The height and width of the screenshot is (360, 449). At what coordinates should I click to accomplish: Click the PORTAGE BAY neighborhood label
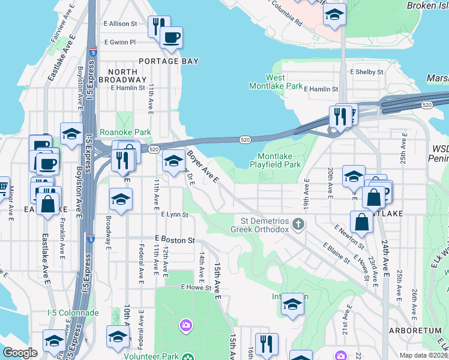167,61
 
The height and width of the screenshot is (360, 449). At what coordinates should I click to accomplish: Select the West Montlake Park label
276,82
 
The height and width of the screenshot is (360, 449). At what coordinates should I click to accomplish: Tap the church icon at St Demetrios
298,224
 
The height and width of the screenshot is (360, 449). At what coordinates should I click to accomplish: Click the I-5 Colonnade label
73,313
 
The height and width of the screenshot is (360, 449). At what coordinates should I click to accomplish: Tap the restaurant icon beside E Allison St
157,26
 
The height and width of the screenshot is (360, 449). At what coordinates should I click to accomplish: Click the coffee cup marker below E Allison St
172,38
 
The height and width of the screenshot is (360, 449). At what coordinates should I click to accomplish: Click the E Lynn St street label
175,214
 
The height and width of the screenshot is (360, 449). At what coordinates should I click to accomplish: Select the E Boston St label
175,240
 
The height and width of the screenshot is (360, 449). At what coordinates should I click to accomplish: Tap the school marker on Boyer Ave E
173,161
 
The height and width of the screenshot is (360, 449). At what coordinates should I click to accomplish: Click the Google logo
20,353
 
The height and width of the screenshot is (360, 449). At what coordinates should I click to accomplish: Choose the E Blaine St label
336,253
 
